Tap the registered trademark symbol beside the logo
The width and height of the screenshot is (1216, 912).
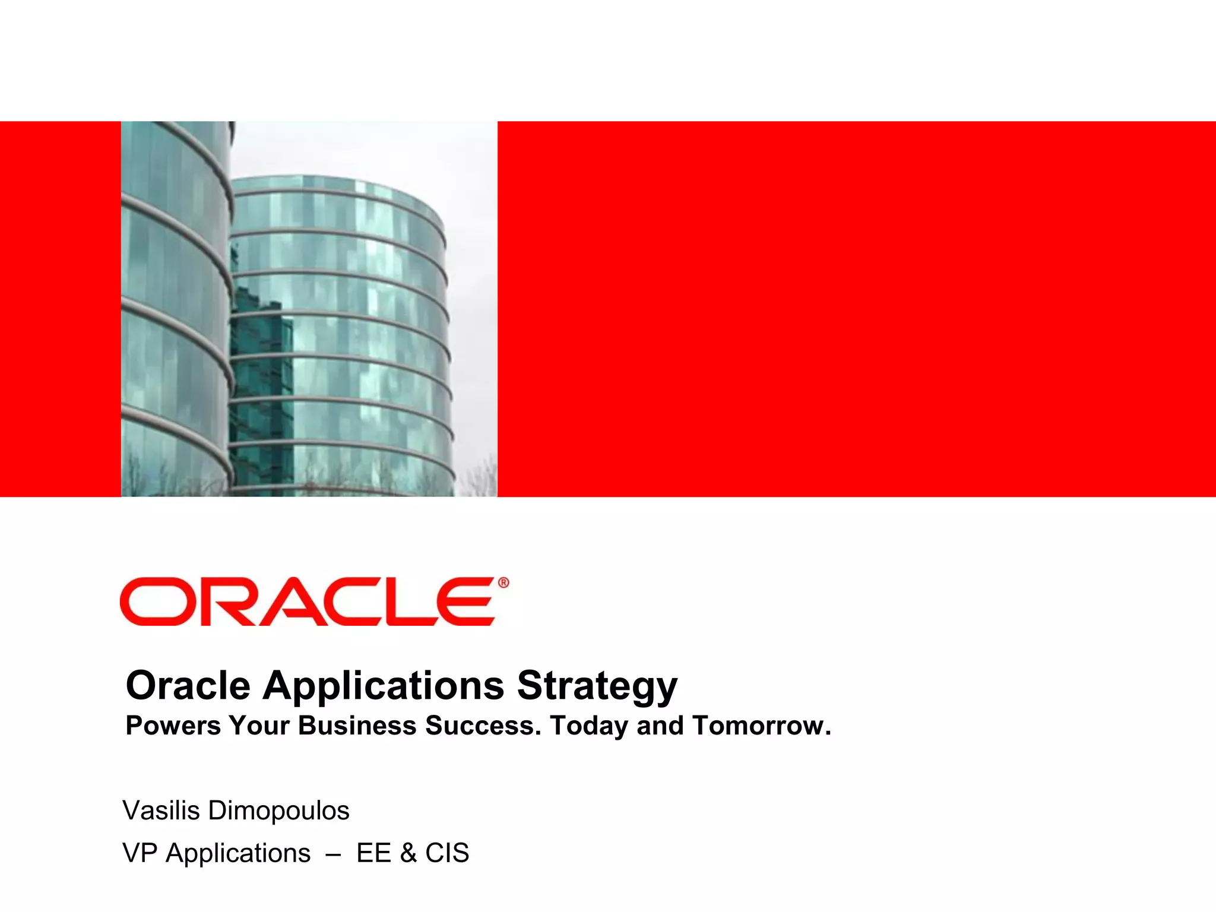pos(503,583)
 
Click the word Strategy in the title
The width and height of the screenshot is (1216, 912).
pos(597,686)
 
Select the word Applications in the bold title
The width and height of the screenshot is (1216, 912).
pos(384,686)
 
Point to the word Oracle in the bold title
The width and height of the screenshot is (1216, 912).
pos(188,686)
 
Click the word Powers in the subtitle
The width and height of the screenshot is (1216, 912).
pos(173,726)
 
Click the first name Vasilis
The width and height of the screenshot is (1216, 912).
pos(161,810)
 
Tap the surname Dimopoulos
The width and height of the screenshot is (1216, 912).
pos(278,810)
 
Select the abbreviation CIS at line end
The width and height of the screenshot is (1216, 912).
pos(447,853)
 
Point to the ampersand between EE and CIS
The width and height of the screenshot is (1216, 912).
pos(408,853)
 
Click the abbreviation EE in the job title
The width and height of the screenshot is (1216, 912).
pos(373,853)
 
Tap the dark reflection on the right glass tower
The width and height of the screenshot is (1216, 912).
pos(261,380)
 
